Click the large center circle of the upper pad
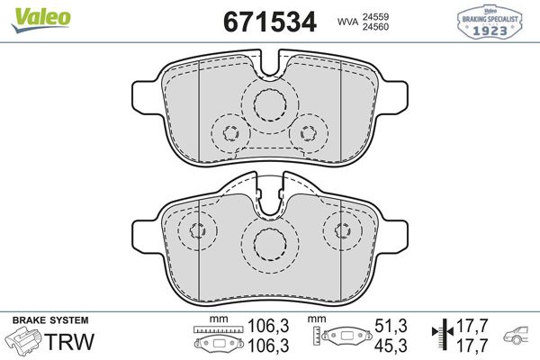(268, 105)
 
